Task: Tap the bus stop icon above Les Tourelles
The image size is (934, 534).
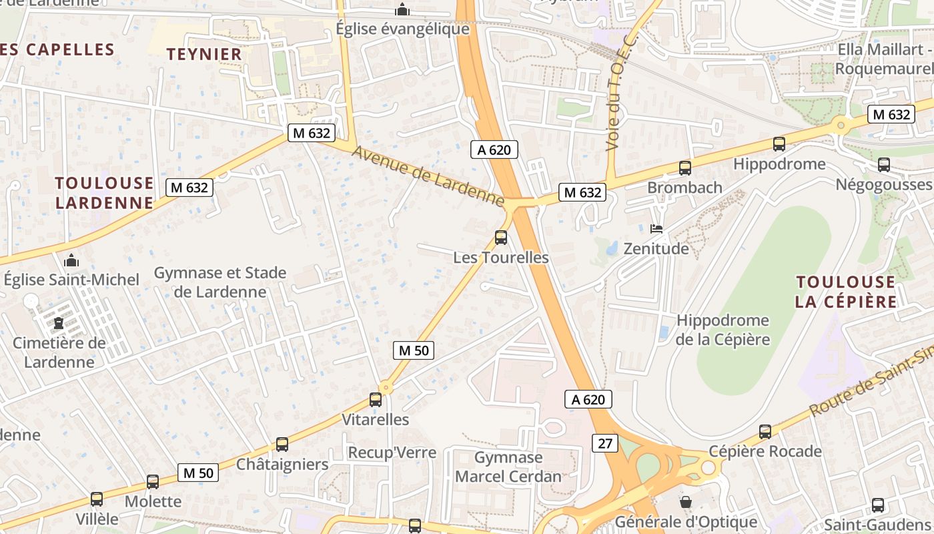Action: pyautogui.click(x=500, y=238)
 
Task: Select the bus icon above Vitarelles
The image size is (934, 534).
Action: pyautogui.click(x=376, y=400)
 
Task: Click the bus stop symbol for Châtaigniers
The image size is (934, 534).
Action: pyautogui.click(x=282, y=445)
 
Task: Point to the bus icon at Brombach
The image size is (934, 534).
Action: pyautogui.click(x=684, y=168)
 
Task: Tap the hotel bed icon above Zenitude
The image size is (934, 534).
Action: pyautogui.click(x=656, y=229)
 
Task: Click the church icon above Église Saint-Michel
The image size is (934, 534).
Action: pyautogui.click(x=71, y=260)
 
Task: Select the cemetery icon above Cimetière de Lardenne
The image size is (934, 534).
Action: pyautogui.click(x=59, y=324)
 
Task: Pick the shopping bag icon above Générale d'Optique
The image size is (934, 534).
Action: pyautogui.click(x=685, y=501)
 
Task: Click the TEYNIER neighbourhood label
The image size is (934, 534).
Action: pyautogui.click(x=204, y=54)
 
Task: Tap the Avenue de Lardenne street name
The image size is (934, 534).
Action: pyautogui.click(x=428, y=176)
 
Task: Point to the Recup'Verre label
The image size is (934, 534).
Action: pyautogui.click(x=392, y=453)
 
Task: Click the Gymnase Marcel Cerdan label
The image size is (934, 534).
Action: pyautogui.click(x=508, y=467)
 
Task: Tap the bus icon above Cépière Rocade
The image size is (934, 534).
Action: pyautogui.click(x=765, y=432)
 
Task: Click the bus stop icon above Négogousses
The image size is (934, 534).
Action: pyautogui.click(x=884, y=164)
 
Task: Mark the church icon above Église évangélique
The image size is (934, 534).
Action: pyautogui.click(x=402, y=9)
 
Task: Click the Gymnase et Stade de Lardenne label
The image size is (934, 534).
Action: pyautogui.click(x=220, y=282)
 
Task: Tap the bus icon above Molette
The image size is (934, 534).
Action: pyautogui.click(x=153, y=482)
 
